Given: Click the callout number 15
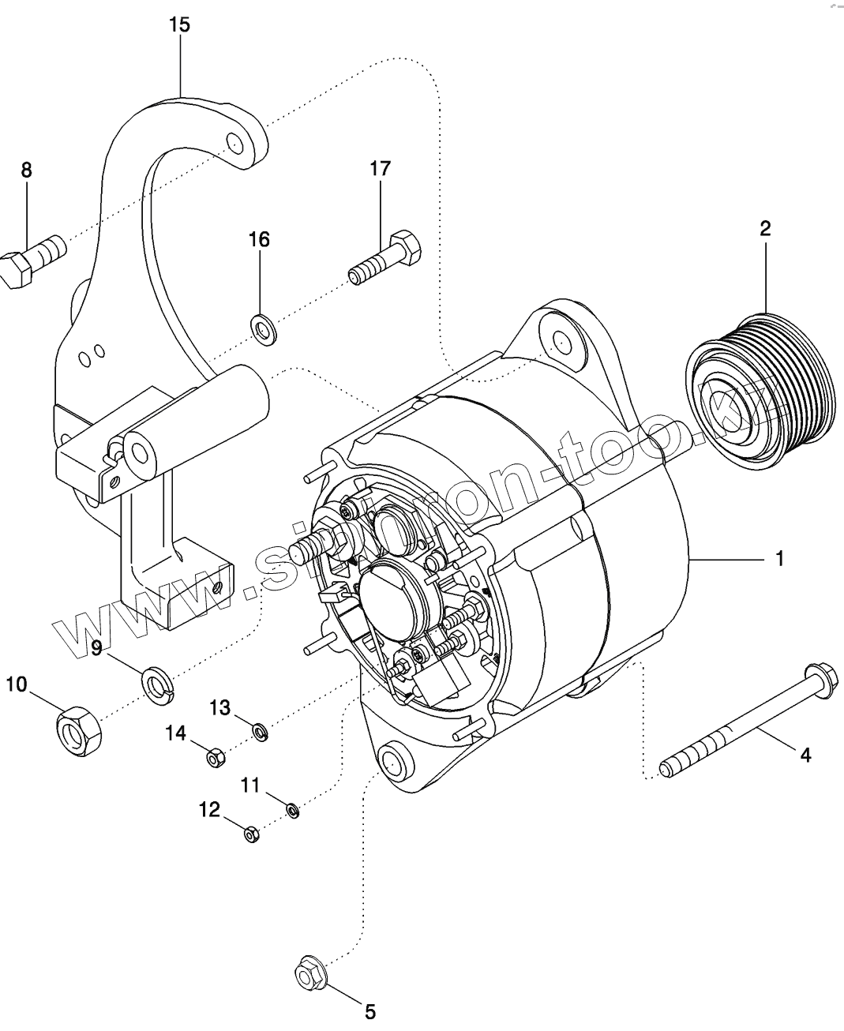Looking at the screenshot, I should coord(179,25).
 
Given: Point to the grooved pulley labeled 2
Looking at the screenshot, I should coord(760,392).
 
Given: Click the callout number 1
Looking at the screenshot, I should coord(779,559).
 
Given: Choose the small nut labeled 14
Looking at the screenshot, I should coord(215,758).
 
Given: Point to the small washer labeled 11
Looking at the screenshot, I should coord(292,810).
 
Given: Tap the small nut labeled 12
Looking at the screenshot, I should coord(249,834).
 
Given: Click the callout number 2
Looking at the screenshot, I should coord(765,229).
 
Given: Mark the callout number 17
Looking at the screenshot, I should coord(380,168).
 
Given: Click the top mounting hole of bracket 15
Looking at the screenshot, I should coord(234,143).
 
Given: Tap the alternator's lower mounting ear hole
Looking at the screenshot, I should coord(392,762).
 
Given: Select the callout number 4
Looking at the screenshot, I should coord(805,755).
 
